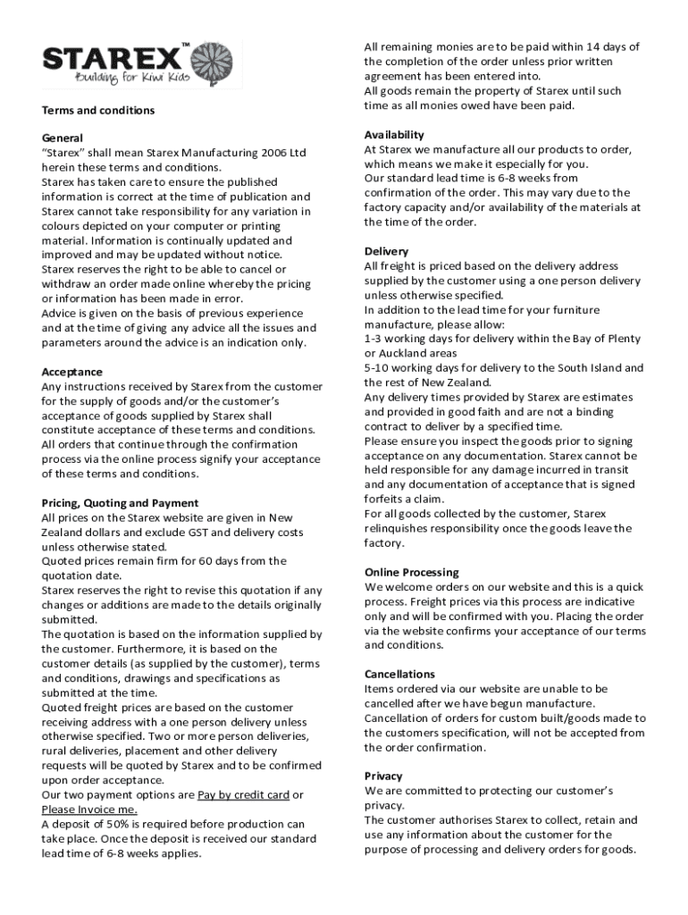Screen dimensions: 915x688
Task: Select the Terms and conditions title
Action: click(x=98, y=110)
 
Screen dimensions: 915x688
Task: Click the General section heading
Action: click(x=63, y=139)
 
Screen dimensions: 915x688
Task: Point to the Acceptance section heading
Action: click(x=72, y=372)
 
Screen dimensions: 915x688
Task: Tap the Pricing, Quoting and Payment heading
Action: click(x=120, y=503)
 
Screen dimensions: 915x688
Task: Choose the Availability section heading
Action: click(x=394, y=135)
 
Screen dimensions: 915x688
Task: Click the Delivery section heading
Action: click(x=386, y=251)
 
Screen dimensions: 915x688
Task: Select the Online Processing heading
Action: click(x=411, y=572)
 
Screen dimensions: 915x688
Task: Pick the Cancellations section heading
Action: click(x=399, y=674)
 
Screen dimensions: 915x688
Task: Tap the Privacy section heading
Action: click(x=383, y=776)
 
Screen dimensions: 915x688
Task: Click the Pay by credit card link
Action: click(x=243, y=795)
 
